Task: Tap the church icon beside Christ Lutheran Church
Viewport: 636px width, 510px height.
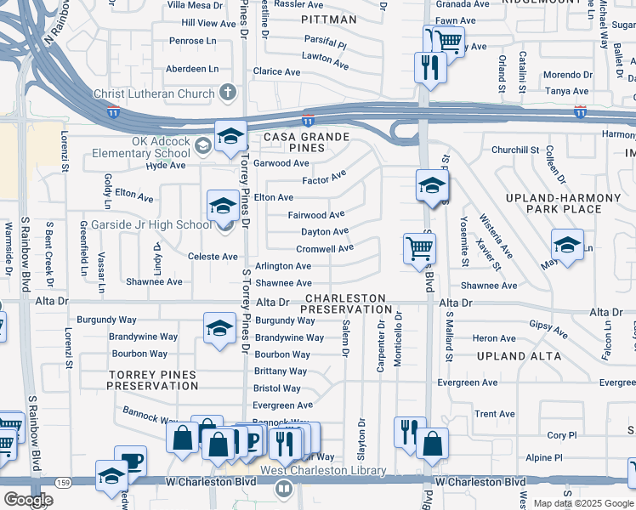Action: [x=227, y=92]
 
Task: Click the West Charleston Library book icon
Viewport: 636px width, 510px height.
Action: [x=285, y=489]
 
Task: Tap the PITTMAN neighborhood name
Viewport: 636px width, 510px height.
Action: [x=328, y=18]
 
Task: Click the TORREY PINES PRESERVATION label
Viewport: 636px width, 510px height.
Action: [x=152, y=380]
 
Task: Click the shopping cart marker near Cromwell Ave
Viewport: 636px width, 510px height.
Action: [x=419, y=248]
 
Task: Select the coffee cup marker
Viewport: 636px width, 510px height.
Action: [x=132, y=462]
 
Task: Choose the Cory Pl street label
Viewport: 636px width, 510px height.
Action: [x=562, y=435]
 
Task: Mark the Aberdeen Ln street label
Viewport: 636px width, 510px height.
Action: [x=192, y=69]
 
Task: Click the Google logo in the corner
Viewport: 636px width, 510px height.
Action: [x=28, y=500]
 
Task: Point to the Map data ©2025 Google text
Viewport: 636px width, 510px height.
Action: [x=583, y=503]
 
